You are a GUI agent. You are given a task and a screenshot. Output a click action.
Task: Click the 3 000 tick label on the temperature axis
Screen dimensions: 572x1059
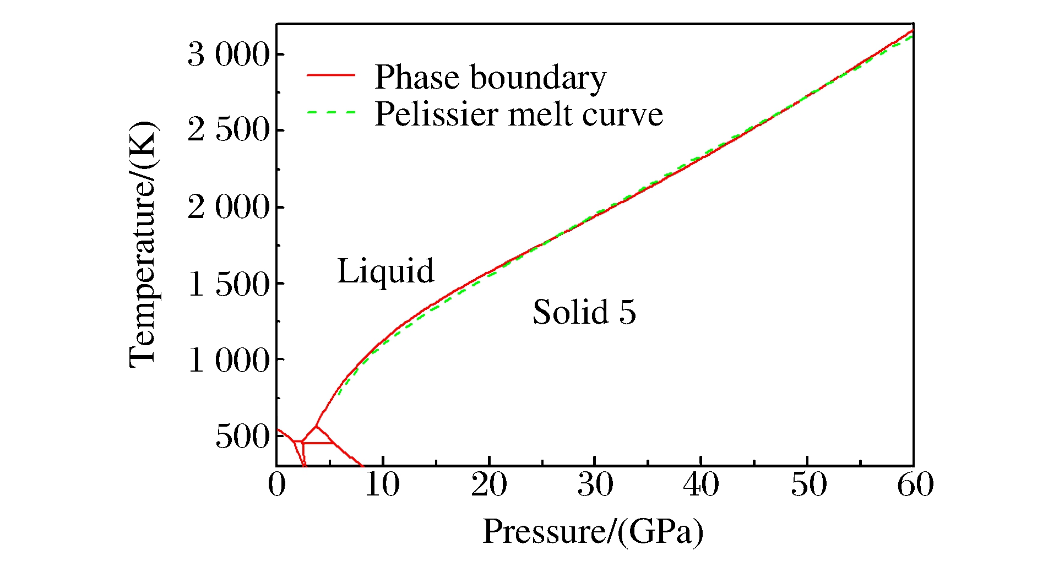click(x=229, y=55)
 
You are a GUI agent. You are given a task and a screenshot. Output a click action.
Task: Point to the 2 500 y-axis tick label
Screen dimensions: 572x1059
click(x=229, y=131)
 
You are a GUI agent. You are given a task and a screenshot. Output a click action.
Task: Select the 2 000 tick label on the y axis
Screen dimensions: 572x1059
click(x=229, y=208)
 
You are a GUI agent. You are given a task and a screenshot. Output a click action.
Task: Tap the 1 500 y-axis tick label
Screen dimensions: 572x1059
click(x=229, y=284)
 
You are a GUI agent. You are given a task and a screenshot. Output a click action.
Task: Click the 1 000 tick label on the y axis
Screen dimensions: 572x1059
click(x=229, y=361)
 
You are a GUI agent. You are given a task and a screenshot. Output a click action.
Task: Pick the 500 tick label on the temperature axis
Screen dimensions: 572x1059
click(x=242, y=437)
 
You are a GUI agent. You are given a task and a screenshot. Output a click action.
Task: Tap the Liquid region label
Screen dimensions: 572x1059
click(x=385, y=271)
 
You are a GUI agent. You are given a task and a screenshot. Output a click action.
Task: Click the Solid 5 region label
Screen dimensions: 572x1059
click(x=584, y=312)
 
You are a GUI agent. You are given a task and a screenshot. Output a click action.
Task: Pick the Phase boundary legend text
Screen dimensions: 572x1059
click(x=490, y=77)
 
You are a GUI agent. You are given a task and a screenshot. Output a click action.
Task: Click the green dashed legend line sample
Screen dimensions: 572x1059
click(x=330, y=112)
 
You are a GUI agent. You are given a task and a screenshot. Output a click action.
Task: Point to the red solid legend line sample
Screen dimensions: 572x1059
click(x=330, y=75)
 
